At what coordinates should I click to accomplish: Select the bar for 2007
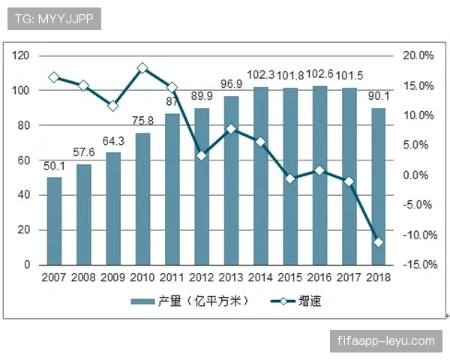[54, 221]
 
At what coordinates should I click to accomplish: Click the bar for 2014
[261, 176]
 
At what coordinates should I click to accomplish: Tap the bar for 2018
[379, 187]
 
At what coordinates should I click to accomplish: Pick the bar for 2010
[142, 199]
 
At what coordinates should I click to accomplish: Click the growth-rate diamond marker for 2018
[379, 242]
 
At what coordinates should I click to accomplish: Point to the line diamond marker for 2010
[142, 68]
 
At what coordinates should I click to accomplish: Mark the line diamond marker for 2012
[202, 155]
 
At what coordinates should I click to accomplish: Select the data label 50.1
[55, 166]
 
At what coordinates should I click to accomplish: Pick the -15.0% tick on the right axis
[417, 265]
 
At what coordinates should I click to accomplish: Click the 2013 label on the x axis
[232, 278]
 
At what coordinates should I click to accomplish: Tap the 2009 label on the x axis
[113, 278]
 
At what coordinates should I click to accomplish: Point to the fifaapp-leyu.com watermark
[387, 341]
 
